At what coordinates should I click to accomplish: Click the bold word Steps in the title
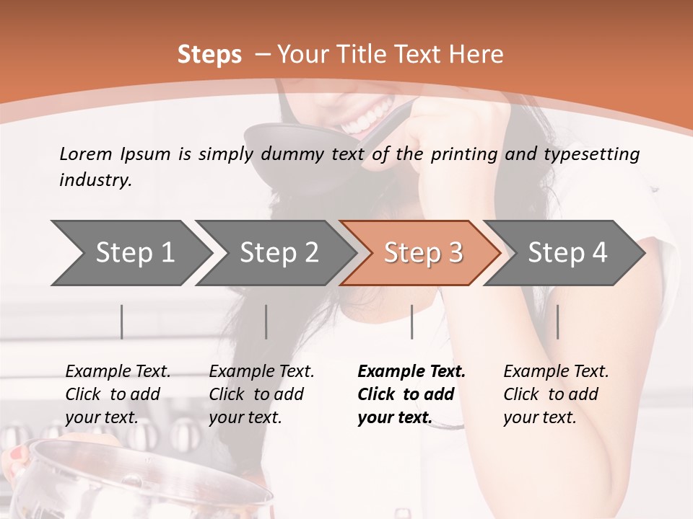point(209,55)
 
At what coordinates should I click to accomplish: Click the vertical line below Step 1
point(122,321)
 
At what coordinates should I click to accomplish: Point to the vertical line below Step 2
point(266,321)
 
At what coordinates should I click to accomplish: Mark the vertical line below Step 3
point(412,321)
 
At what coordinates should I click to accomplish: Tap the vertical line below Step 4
point(558,321)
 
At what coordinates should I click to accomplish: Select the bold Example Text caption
point(411,394)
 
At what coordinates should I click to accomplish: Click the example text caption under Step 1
point(118,394)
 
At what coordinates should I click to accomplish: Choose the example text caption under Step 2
point(261,394)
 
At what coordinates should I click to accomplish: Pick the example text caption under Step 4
point(556,394)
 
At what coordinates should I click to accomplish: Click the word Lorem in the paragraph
point(86,154)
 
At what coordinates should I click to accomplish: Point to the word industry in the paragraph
point(95,180)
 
